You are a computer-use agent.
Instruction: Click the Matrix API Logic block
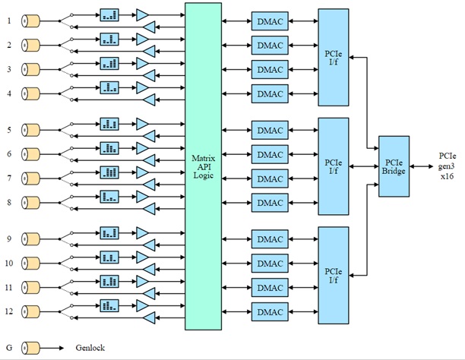coord(203,166)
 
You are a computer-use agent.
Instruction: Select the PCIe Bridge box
coord(394,166)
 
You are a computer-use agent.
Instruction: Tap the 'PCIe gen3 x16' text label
coord(447,166)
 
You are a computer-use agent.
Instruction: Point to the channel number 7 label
coord(9,177)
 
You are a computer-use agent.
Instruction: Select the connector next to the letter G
coord(30,347)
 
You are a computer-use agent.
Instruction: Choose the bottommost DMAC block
coord(270,312)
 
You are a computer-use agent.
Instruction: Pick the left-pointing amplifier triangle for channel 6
coord(149,160)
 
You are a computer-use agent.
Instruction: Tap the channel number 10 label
coord(9,264)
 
